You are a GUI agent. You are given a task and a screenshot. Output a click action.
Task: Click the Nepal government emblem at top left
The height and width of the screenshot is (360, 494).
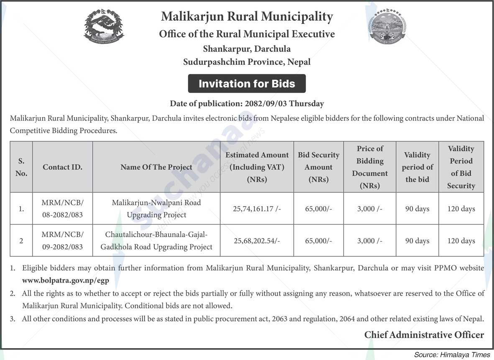point(104,27)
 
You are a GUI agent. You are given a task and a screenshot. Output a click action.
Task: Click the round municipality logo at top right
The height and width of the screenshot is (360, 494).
point(387,27)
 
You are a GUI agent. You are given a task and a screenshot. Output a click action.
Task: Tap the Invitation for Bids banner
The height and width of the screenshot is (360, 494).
point(247,84)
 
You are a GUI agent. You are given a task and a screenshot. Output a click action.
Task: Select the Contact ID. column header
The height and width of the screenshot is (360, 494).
point(62,167)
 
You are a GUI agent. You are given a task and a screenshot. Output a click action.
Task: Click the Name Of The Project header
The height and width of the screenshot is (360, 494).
point(156,167)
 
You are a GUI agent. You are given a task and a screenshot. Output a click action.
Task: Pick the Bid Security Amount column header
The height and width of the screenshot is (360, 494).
point(318,167)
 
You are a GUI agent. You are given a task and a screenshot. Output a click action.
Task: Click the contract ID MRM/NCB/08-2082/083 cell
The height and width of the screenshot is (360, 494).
point(62,209)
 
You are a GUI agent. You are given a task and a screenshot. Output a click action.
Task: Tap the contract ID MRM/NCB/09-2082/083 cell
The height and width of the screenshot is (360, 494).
point(62,240)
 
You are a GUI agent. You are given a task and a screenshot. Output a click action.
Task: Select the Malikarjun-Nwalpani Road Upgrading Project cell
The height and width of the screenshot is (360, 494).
point(156,209)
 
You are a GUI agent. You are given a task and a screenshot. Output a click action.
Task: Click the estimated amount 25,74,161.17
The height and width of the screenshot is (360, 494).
point(256,209)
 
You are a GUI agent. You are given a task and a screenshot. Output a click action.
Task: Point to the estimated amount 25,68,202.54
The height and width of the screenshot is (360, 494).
point(256,241)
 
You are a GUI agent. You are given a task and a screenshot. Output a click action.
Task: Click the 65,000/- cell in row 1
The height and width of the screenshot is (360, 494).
point(318,209)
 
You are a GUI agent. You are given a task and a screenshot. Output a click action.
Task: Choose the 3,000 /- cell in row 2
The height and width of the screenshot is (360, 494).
point(370,241)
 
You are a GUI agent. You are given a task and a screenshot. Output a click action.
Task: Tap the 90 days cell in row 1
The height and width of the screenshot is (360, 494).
point(417,209)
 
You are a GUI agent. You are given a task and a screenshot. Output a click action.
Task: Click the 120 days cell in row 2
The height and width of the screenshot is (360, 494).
point(461,241)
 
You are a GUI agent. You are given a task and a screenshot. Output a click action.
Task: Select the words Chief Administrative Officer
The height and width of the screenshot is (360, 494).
point(424,335)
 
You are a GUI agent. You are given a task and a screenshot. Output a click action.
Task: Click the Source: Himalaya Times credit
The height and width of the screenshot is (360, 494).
point(452,355)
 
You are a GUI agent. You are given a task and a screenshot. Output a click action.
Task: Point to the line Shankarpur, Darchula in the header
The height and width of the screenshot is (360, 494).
point(247,49)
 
